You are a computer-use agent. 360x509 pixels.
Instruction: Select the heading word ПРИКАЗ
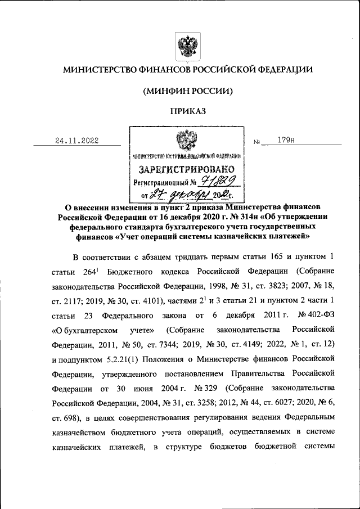[185, 111]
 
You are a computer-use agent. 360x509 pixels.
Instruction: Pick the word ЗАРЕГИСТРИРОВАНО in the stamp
[186, 169]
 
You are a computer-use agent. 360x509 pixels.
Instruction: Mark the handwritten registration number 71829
[220, 181]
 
